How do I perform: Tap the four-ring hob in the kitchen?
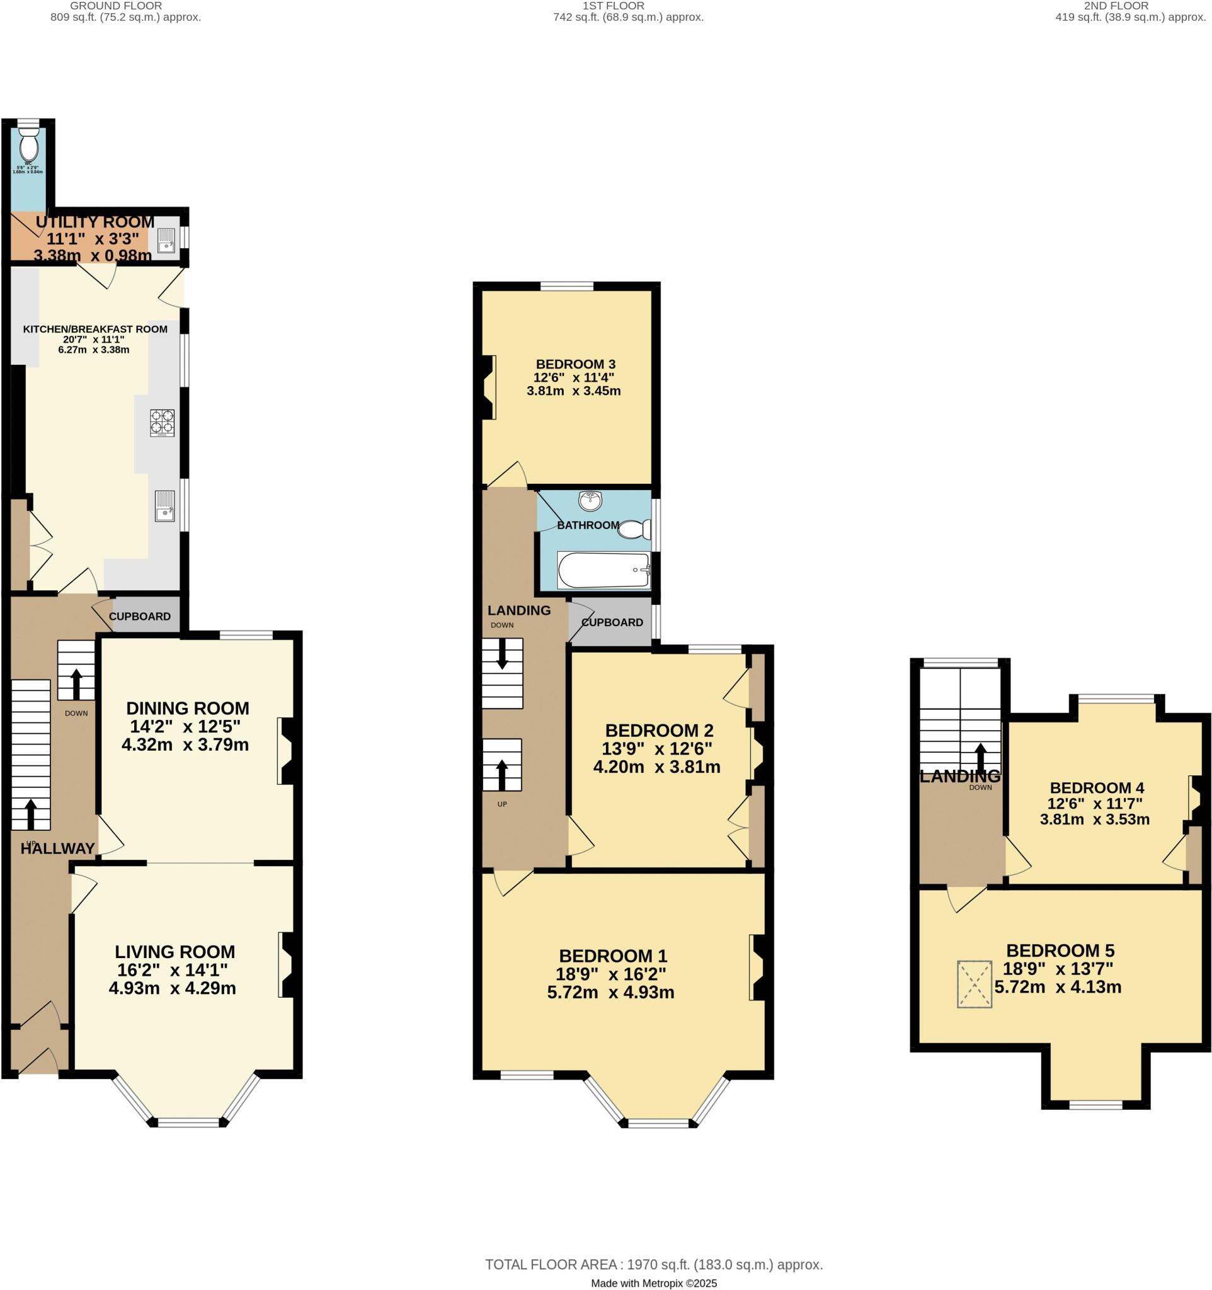pyautogui.click(x=162, y=423)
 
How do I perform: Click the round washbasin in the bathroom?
pyautogui.click(x=590, y=499)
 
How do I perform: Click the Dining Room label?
pyautogui.click(x=188, y=708)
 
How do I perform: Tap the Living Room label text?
pyautogui.click(x=174, y=952)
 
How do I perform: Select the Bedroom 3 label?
pyautogui.click(x=575, y=364)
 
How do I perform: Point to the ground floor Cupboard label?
pyautogui.click(x=139, y=617)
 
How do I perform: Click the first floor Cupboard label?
pyautogui.click(x=612, y=622)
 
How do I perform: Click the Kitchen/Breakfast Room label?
pyautogui.click(x=94, y=329)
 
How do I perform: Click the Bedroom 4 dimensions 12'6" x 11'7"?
pyautogui.click(x=1095, y=803)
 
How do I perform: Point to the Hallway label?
pyautogui.click(x=57, y=848)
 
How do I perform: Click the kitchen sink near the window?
pyautogui.click(x=165, y=506)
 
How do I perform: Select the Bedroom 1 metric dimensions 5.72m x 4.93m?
pyautogui.click(x=610, y=992)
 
